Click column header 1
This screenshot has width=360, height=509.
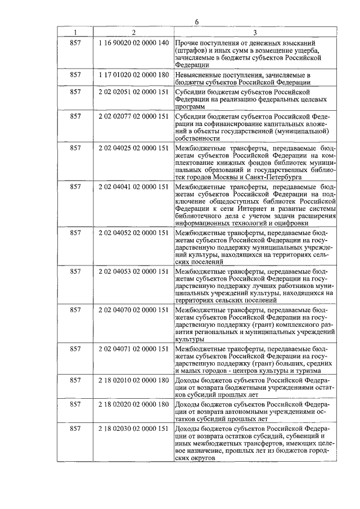point(75,32)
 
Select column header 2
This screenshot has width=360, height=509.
point(133,32)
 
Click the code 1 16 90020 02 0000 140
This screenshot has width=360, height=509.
point(133,43)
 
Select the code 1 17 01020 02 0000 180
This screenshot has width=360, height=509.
point(133,74)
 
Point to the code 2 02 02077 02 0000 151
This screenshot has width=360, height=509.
point(133,116)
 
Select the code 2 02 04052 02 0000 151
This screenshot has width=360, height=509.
point(133,232)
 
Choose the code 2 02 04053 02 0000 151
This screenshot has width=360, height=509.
point(133,271)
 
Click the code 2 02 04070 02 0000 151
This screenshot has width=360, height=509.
point(133,310)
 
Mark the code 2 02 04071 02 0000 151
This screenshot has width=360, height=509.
point(133,349)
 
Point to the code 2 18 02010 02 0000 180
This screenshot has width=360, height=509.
point(133,380)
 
